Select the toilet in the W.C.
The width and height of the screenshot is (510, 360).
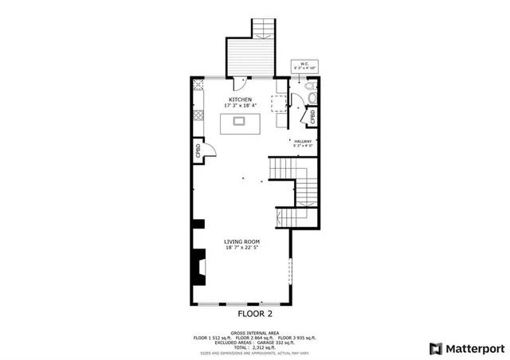point(312,99)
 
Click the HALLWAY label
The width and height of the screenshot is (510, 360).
point(302,141)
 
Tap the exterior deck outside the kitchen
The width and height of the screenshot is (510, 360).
point(249,56)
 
